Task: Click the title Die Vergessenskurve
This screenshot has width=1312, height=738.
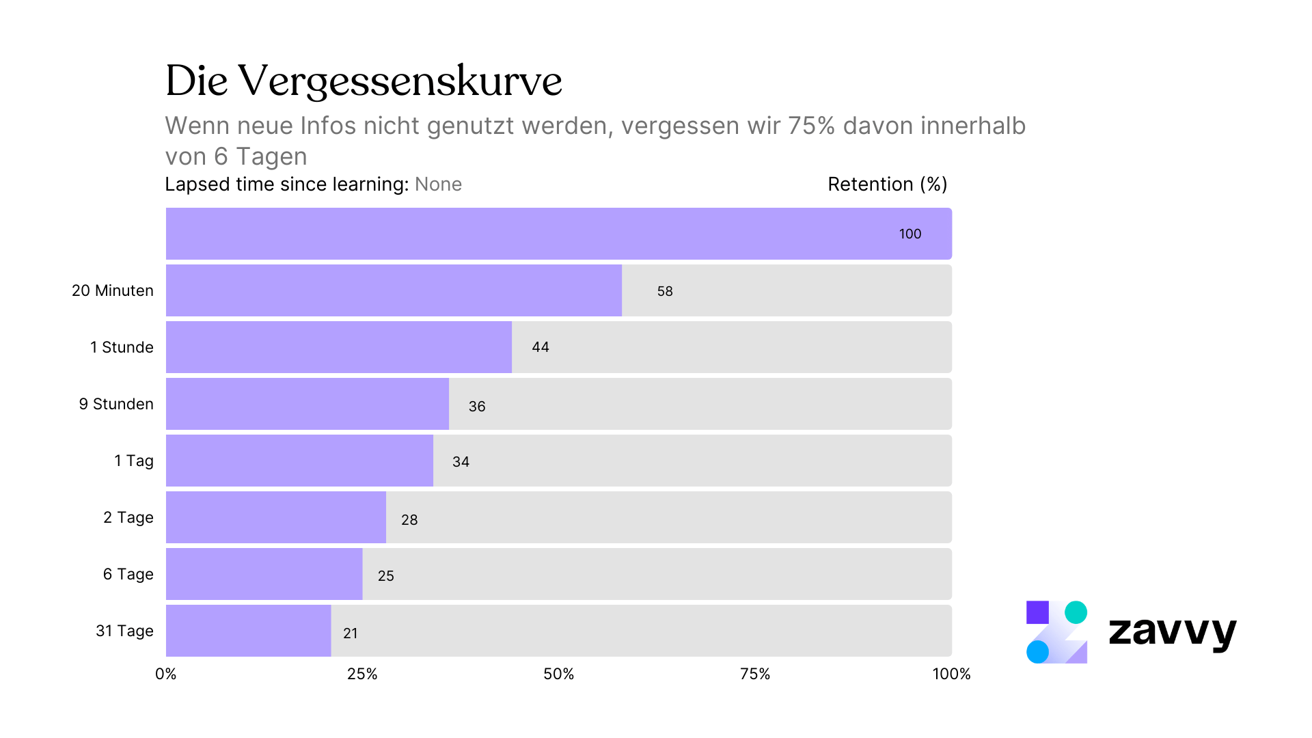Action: [363, 81]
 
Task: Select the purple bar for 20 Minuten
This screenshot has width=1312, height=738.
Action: [394, 290]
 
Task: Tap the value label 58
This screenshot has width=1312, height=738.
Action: [665, 291]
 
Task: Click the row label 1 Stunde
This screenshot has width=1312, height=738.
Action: [122, 347]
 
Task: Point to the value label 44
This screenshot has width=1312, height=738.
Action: [541, 347]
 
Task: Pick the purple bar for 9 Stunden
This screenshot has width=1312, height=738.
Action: [307, 404]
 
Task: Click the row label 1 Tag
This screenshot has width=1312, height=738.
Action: [133, 461]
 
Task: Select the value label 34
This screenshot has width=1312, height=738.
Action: [461, 462]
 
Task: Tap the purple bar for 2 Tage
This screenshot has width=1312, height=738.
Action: [276, 517]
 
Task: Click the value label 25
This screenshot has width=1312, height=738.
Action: [386, 576]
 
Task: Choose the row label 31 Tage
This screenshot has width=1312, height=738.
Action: [124, 631]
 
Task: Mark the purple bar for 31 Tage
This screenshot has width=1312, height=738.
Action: [249, 631]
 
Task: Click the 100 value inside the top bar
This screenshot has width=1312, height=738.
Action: [910, 234]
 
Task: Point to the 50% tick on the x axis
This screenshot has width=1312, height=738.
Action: [558, 674]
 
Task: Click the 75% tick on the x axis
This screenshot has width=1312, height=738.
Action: [755, 674]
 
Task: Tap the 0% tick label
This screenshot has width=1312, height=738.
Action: [166, 674]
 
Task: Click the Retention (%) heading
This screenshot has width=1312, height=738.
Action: [887, 184]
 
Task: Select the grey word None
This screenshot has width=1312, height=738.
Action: [438, 184]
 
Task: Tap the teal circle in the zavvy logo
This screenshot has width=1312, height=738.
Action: [1076, 612]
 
